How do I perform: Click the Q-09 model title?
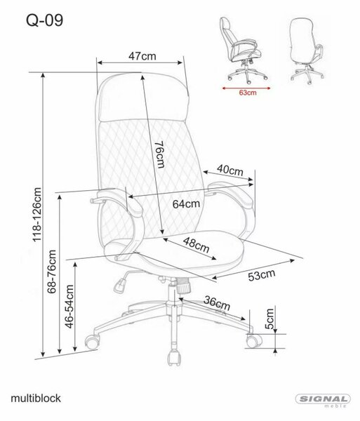pos(45,20)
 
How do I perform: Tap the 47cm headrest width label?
pos(142,56)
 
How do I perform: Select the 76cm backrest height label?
pos(159,154)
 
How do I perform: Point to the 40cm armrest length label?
pos(229,170)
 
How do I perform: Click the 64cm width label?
pos(186,204)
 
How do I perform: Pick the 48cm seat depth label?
pos(196,245)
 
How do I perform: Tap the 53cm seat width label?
pos(262,275)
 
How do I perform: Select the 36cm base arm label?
pos(217,303)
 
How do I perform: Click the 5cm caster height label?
pos(269,319)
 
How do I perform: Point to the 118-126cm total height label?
pos(37,215)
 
